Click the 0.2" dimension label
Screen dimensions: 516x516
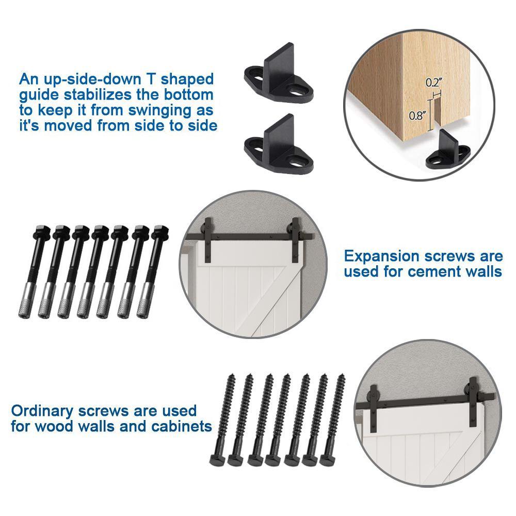pos(434,82)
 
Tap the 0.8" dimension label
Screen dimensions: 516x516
pos(417,116)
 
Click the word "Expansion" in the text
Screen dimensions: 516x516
pos(382,256)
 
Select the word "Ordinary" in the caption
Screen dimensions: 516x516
pos(42,411)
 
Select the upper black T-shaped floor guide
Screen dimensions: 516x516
pos(279,73)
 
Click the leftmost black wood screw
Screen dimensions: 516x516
pos(222,420)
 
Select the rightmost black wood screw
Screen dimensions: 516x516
pos(332,420)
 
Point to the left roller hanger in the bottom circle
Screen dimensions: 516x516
pos(374,408)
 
